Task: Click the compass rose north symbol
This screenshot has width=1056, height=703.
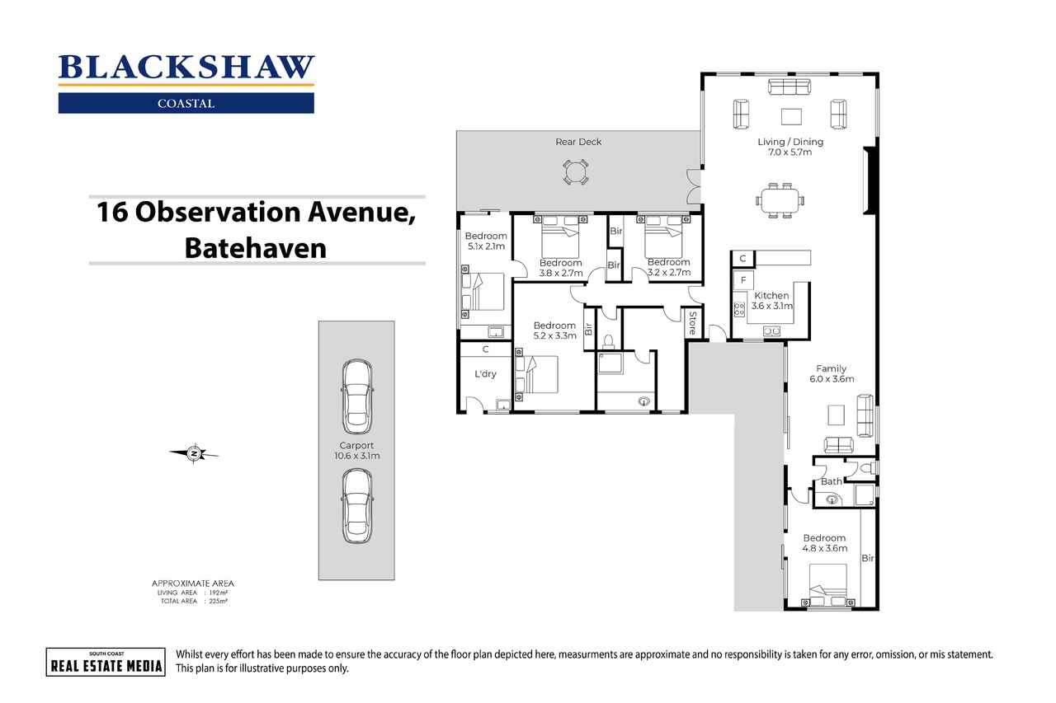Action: pyautogui.click(x=194, y=454)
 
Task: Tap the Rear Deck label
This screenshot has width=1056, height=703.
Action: pyautogui.click(x=578, y=142)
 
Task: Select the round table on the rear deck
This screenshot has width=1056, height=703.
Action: pyautogui.click(x=575, y=172)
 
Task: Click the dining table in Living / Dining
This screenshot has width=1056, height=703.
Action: pyautogui.click(x=780, y=200)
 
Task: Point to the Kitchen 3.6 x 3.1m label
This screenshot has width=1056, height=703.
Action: pyautogui.click(x=771, y=301)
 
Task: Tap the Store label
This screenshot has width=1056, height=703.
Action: pyautogui.click(x=692, y=323)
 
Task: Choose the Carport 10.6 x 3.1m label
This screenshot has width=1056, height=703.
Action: pyautogui.click(x=357, y=450)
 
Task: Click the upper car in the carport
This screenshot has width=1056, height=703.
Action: pyautogui.click(x=357, y=396)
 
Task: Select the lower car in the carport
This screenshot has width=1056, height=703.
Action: pyautogui.click(x=357, y=506)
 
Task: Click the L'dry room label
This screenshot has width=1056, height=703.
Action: pyautogui.click(x=485, y=374)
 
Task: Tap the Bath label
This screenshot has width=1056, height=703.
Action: pyautogui.click(x=831, y=481)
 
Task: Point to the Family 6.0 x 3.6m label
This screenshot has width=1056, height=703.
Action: pyautogui.click(x=832, y=374)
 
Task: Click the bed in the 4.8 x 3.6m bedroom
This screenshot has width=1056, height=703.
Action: pyautogui.click(x=828, y=585)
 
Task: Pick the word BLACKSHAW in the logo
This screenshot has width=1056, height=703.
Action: pyautogui.click(x=186, y=68)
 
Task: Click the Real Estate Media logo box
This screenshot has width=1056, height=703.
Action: pyautogui.click(x=106, y=662)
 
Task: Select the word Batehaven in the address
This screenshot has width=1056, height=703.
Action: pyautogui.click(x=256, y=248)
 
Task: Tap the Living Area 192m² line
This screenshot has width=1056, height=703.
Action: pyautogui.click(x=192, y=593)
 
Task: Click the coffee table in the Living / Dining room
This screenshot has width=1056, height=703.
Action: pyautogui.click(x=791, y=117)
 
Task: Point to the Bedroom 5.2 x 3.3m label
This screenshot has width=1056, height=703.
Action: pyautogui.click(x=555, y=330)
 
